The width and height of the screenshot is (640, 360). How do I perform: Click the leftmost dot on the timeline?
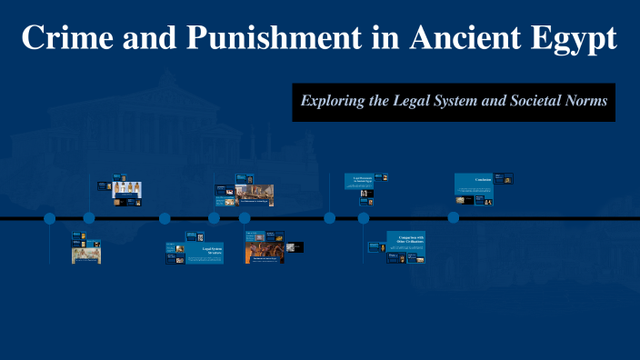coord(49,218)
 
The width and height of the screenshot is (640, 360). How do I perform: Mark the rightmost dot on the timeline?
coord(454,218)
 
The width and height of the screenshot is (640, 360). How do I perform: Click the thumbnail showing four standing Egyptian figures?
coord(127,189)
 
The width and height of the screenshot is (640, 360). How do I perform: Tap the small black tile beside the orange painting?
coord(295,246)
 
